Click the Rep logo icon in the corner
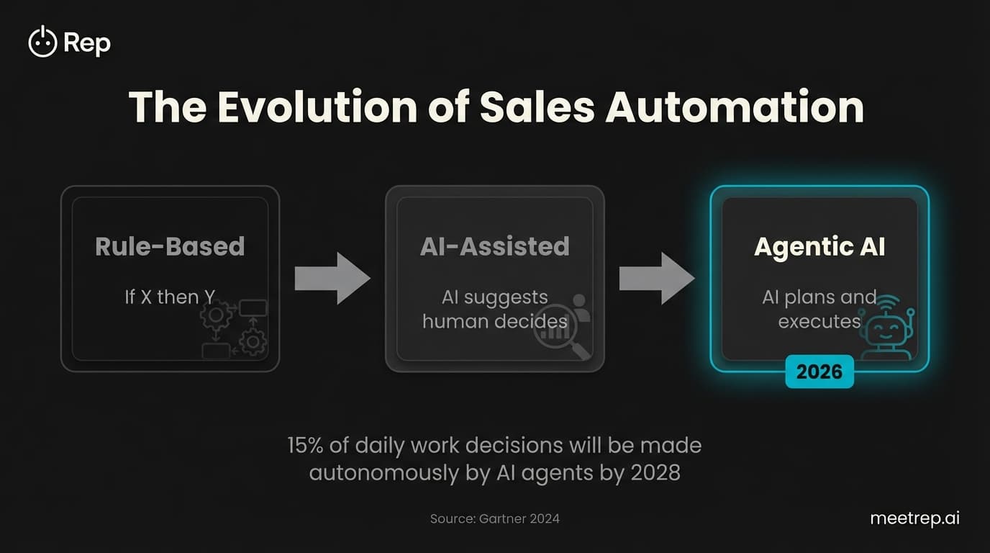click(x=42, y=42)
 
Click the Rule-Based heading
click(x=170, y=246)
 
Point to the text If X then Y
click(x=170, y=296)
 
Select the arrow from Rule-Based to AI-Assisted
click(x=332, y=278)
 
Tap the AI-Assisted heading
click(x=495, y=246)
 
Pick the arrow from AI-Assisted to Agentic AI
click(x=656, y=278)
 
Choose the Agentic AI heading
click(x=819, y=246)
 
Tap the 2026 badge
click(x=819, y=372)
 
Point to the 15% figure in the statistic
click(x=307, y=445)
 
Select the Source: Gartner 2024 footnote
click(x=495, y=518)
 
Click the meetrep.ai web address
click(x=914, y=518)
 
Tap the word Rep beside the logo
click(x=87, y=43)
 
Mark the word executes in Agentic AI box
click(x=819, y=320)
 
